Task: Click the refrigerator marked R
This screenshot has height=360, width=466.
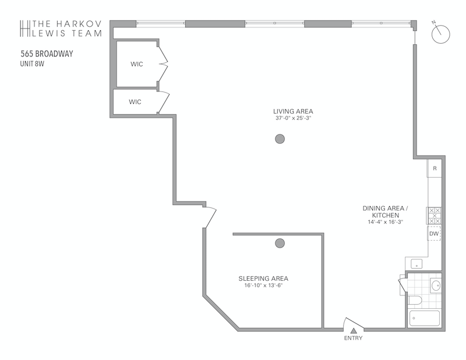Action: [x=435, y=168]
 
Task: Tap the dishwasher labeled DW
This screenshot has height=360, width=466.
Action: [x=434, y=234]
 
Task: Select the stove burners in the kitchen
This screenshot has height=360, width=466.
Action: [x=435, y=216]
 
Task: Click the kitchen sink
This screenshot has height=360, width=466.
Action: [x=416, y=264]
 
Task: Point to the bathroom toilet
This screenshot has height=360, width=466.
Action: [x=415, y=300]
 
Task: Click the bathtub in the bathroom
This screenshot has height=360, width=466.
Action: [x=425, y=318]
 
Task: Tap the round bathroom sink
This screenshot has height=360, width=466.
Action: [x=436, y=285]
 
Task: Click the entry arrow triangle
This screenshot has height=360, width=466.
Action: [x=354, y=330]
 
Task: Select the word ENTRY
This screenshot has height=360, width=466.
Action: [x=354, y=338]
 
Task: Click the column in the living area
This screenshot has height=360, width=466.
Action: [x=280, y=139]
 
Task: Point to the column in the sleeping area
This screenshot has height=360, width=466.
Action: [x=280, y=243]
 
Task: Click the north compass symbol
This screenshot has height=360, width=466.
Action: [x=440, y=34]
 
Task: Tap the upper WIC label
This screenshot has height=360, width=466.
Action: [x=137, y=64]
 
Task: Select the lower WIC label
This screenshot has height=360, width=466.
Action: [x=135, y=102]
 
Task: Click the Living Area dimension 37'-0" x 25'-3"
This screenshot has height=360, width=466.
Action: [x=293, y=118]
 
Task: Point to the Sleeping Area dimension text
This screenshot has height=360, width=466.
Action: [x=263, y=285]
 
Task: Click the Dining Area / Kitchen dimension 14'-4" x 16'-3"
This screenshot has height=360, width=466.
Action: [x=385, y=222]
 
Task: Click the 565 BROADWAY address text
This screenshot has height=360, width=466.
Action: [x=47, y=54]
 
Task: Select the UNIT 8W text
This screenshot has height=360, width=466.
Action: [x=32, y=63]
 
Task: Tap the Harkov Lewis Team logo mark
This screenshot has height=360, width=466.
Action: [x=25, y=29]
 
